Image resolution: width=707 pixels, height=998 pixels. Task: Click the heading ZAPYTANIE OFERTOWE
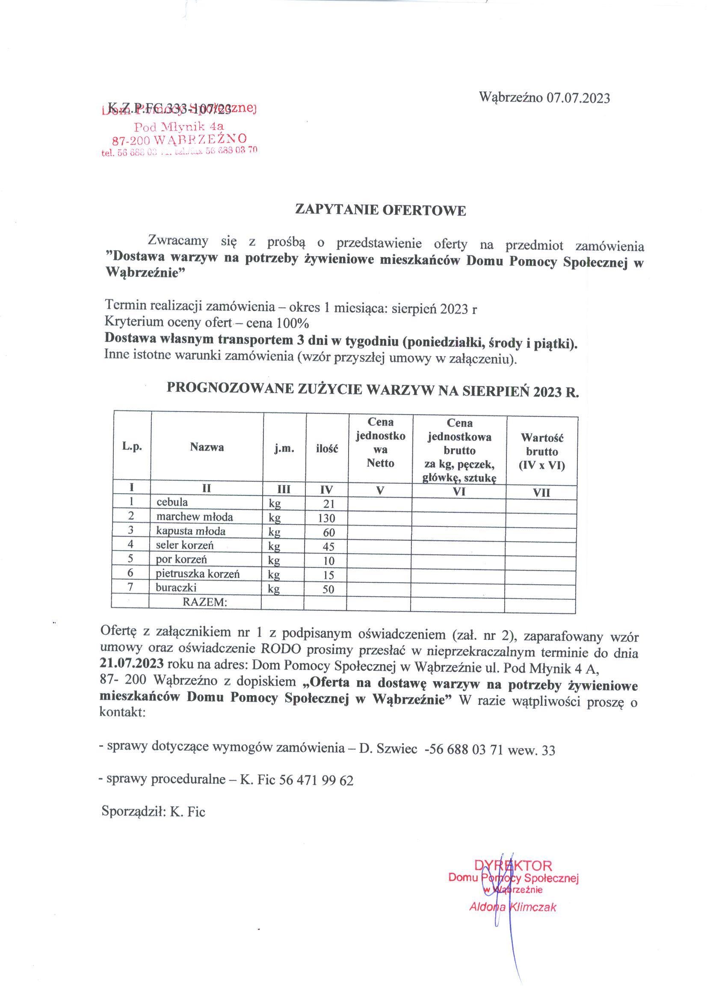point(381,210)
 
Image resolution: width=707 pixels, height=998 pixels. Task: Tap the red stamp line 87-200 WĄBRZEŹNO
point(179,139)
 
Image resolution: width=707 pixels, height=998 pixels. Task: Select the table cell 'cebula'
point(172,502)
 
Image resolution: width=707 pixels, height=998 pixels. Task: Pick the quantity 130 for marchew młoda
point(326,518)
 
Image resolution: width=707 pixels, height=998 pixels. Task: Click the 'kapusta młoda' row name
point(191,531)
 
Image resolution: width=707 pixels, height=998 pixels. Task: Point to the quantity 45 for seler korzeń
point(328,546)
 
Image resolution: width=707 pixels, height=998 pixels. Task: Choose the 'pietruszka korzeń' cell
point(198,574)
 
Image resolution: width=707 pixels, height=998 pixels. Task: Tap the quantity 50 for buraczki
point(328,589)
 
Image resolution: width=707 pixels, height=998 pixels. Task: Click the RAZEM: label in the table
point(205,602)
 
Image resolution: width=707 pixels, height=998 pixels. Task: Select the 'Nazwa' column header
point(207,447)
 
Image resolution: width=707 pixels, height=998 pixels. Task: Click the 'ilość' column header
point(327,449)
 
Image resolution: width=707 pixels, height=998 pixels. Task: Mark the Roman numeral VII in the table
point(541,493)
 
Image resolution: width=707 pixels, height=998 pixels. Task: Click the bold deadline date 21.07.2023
point(131,663)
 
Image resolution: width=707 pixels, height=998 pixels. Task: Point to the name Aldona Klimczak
point(513,907)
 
